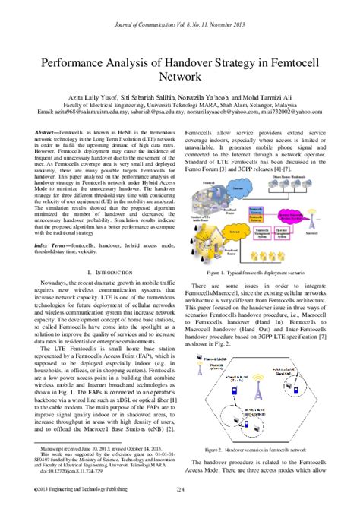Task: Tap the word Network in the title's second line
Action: click(x=180, y=76)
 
